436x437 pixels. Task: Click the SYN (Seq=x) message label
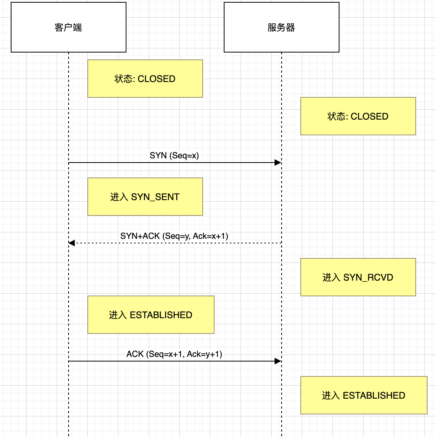coord(174,156)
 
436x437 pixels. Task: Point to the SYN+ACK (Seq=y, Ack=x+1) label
coord(174,236)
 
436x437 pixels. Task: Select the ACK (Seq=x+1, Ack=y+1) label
coord(174,354)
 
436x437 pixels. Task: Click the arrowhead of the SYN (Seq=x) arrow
coord(278,163)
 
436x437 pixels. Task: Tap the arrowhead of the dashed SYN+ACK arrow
coord(72,243)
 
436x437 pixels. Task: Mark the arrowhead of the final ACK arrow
coord(278,361)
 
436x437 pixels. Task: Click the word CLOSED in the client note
coord(156,79)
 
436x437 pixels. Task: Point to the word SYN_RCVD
coord(368,278)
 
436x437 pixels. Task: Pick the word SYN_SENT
coord(155,197)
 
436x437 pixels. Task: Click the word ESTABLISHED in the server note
coord(374,396)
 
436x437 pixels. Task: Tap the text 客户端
coord(68,28)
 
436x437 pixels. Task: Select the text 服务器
coord(281,28)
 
